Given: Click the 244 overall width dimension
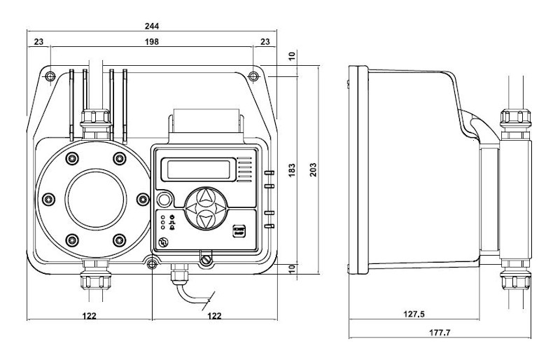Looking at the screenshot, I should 152,27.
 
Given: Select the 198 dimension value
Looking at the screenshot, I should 152,42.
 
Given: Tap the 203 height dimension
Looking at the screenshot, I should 324,169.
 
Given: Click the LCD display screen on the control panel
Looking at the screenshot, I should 197,169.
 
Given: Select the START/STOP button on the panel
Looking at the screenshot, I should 238,231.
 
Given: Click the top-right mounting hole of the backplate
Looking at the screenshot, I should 253,74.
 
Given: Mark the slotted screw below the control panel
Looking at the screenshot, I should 205,260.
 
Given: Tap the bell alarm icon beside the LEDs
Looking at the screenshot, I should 172,228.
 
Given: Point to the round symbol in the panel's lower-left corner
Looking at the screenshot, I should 163,242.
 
